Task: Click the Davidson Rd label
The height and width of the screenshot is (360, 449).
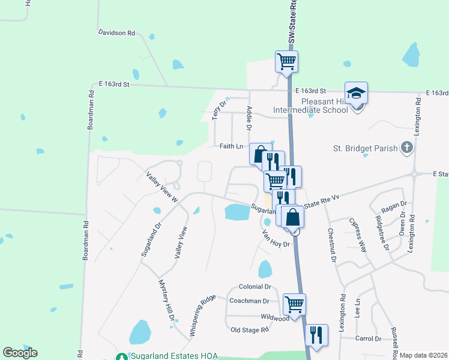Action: point(116,34)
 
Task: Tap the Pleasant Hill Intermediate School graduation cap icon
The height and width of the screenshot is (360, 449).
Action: point(356,94)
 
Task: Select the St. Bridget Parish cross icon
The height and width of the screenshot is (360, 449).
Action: point(407,147)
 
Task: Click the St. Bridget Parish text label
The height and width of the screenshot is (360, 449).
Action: point(366,148)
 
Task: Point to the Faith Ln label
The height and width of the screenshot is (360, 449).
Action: point(231,146)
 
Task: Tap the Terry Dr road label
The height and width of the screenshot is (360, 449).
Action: point(220,110)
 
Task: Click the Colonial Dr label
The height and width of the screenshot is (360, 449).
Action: point(255,287)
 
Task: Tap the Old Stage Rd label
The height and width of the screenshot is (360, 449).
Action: point(250,330)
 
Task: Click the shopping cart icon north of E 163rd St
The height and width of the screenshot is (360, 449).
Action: point(287,60)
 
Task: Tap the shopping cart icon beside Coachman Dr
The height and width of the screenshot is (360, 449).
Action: point(294,304)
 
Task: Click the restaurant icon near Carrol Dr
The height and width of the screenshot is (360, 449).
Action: point(316,334)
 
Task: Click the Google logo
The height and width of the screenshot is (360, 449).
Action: point(20,353)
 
